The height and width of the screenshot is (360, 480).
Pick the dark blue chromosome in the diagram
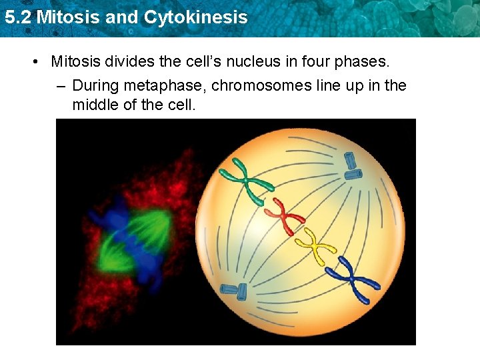(351, 277)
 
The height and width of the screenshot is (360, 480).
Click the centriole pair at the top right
(352, 166)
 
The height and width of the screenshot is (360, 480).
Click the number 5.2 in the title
(18, 17)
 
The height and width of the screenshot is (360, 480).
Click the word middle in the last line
(95, 105)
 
